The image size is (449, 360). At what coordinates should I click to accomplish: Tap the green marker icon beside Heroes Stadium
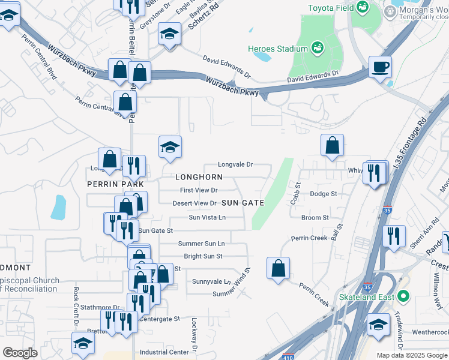317,47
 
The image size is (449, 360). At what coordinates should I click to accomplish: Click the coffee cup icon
380,67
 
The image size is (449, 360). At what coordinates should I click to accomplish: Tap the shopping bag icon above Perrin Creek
278,268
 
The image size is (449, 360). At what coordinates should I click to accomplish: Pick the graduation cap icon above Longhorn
170,147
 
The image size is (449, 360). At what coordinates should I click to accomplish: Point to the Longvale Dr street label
235,164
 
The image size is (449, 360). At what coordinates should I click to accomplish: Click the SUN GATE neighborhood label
243,203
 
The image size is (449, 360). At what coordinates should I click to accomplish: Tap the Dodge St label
324,194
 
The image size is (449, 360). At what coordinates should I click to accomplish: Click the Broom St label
315,218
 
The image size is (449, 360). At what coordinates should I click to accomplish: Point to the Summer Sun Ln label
201,244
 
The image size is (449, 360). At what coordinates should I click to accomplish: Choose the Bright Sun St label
203,256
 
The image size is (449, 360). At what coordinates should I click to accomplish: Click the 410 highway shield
289,355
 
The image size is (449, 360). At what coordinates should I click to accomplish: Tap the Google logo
20,353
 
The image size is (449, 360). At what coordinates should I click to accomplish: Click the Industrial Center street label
164,352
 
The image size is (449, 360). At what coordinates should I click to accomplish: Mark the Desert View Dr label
194,203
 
